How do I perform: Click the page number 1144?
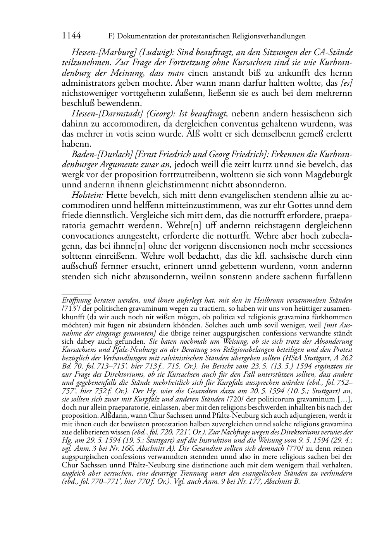tap(71, 36)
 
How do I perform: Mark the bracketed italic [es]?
tap(346, 83)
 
